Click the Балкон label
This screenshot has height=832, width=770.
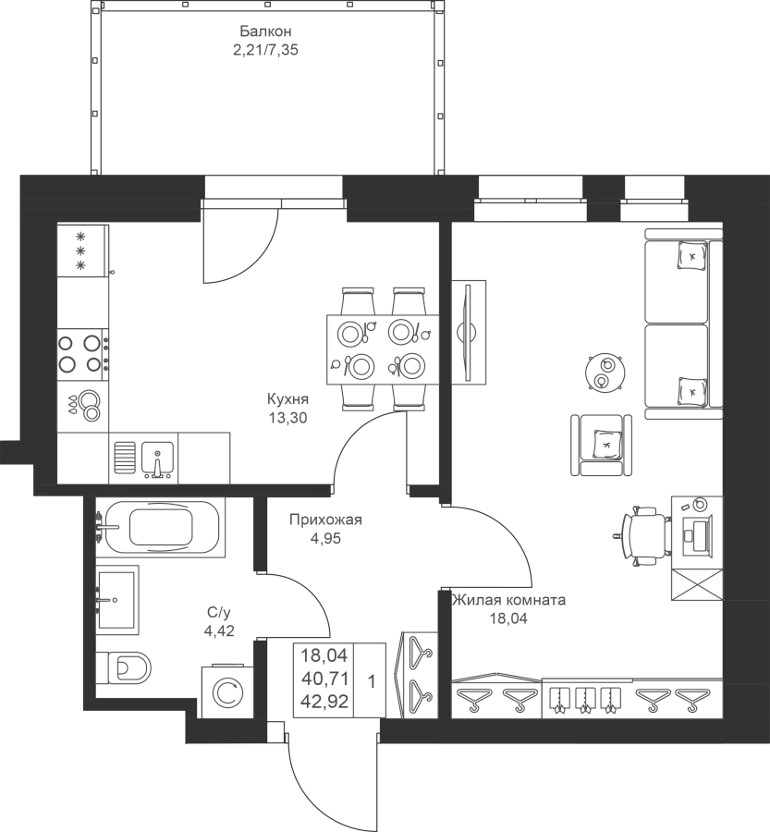click(x=265, y=31)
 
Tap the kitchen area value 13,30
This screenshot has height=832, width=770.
click(x=287, y=418)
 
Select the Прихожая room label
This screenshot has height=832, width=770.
click(x=325, y=520)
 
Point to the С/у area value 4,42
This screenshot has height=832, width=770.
click(x=219, y=630)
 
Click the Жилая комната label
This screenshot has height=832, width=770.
click(x=508, y=600)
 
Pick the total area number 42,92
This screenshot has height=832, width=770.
click(x=324, y=702)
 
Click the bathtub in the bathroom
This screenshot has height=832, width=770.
click(x=161, y=527)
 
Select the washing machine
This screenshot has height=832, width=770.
click(x=227, y=691)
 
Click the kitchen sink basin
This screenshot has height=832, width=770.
click(x=157, y=458)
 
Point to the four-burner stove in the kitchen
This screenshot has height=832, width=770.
click(x=83, y=353)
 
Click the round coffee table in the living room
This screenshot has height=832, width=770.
click(x=605, y=372)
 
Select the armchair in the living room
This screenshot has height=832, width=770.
click(x=601, y=445)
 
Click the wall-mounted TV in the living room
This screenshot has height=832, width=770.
click(x=468, y=332)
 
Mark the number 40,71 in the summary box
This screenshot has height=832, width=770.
click(x=324, y=679)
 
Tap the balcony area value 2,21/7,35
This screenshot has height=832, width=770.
click(x=265, y=51)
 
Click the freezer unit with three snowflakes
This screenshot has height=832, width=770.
click(x=83, y=251)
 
